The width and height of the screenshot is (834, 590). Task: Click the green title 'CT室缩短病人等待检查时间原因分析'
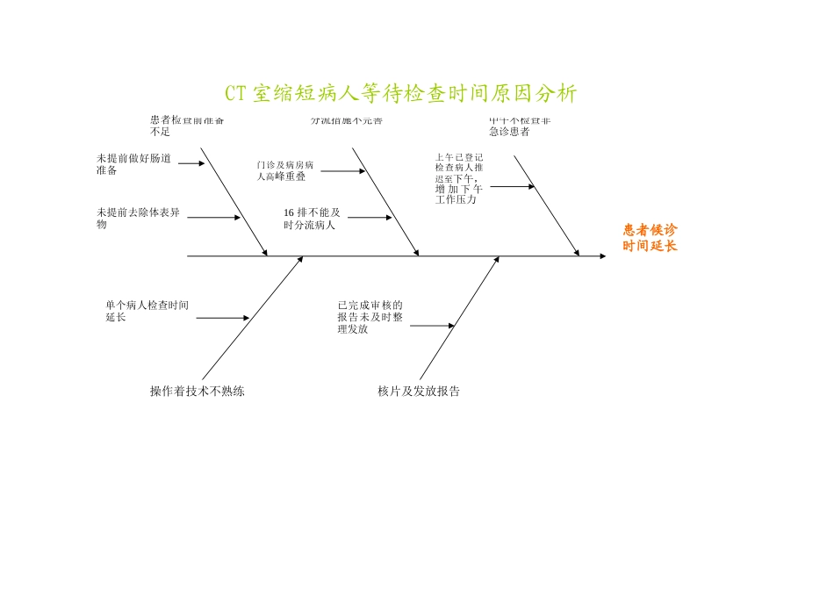(401, 94)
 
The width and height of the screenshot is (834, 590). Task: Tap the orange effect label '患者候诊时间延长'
(651, 238)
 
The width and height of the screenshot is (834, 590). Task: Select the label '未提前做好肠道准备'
(133, 164)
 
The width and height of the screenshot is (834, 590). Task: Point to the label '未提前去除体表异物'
(139, 218)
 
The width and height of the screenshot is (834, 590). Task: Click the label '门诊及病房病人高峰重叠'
(285, 170)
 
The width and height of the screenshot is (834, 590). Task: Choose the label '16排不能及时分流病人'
(312, 218)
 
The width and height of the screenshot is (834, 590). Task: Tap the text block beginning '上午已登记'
(459, 179)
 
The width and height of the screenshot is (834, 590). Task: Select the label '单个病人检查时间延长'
(147, 311)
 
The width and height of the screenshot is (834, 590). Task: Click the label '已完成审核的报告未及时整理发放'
(370, 317)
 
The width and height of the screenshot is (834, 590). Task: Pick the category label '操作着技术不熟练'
(198, 392)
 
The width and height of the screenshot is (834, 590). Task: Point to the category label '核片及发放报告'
(419, 392)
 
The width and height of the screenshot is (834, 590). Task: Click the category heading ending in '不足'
(186, 126)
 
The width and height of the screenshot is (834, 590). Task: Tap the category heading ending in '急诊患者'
(520, 126)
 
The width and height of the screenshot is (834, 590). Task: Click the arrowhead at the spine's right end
(602, 256)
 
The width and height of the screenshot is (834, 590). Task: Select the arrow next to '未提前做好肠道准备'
(191, 163)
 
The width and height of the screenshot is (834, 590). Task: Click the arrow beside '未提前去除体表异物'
(213, 218)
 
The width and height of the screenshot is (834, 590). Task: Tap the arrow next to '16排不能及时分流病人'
(370, 218)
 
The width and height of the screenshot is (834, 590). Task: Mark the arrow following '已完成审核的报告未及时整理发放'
(432, 326)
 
